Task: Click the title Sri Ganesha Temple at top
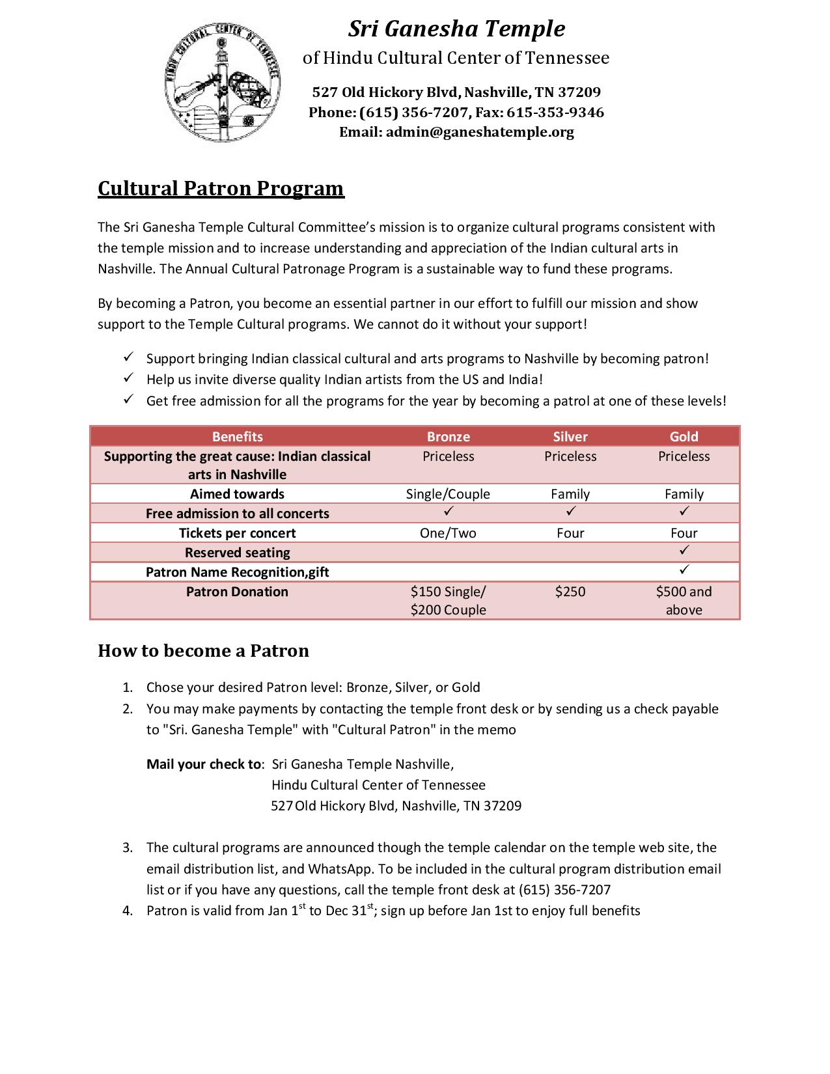(x=456, y=29)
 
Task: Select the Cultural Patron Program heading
(x=221, y=188)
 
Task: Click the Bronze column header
(x=448, y=437)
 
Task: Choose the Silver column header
(x=570, y=437)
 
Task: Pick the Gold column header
(x=684, y=437)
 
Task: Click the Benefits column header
(x=237, y=437)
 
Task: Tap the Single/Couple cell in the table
(x=448, y=494)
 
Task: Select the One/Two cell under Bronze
(x=448, y=533)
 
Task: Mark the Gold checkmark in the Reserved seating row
(x=684, y=551)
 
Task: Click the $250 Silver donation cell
(x=570, y=592)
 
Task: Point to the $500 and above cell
(x=684, y=600)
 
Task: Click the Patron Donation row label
(x=237, y=592)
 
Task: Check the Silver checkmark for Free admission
(x=571, y=512)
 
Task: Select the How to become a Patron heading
(x=203, y=651)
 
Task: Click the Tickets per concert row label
(x=237, y=533)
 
